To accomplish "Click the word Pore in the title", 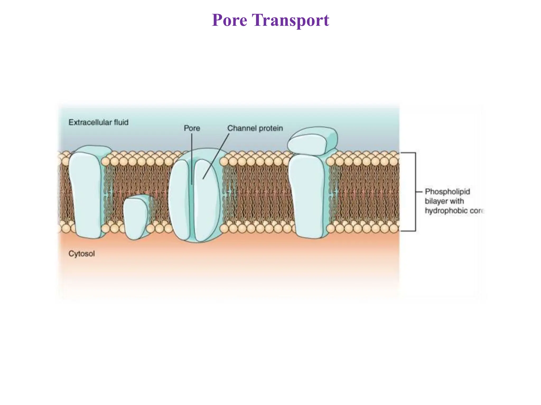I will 229,20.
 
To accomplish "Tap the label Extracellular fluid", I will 98,122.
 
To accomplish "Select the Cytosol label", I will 81,254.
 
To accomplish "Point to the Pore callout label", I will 192,128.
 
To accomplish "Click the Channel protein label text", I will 255,128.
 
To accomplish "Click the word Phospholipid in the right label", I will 447,192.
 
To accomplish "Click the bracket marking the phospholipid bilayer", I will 416,192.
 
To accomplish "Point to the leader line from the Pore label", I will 192,158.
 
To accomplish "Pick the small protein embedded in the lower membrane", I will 136,218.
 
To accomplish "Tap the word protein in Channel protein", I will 270,128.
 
